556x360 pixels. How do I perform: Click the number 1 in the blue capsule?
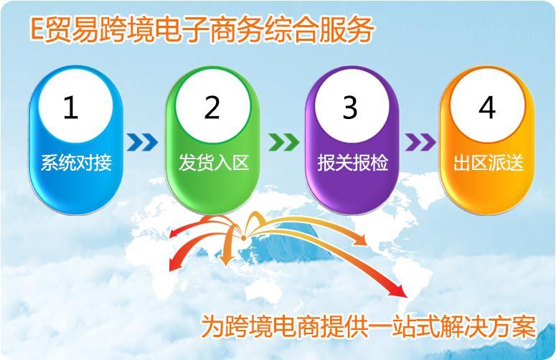pos(70,108)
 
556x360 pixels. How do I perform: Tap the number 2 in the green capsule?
pos(212,108)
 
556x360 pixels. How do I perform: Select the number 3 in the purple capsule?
pos(349,108)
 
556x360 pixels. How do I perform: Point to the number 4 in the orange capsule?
pos(487,108)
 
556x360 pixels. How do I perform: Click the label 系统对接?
pos(76,163)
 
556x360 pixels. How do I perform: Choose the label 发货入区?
pos(214,163)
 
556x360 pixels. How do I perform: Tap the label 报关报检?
pos(352,163)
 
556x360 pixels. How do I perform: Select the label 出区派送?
pos(489,163)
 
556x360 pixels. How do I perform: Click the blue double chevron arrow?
pos(142,142)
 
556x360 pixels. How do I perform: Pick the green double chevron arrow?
pos(283,142)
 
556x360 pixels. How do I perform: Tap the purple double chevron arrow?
pos(420,142)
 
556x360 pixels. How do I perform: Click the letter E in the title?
pos(37,29)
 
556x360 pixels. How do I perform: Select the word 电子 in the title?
pos(180,29)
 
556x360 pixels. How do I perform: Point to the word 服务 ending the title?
pos(345,29)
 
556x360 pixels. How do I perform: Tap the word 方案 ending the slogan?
pos(512,326)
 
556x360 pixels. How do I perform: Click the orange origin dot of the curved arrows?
pos(244,238)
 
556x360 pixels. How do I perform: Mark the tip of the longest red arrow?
pos(407,296)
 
